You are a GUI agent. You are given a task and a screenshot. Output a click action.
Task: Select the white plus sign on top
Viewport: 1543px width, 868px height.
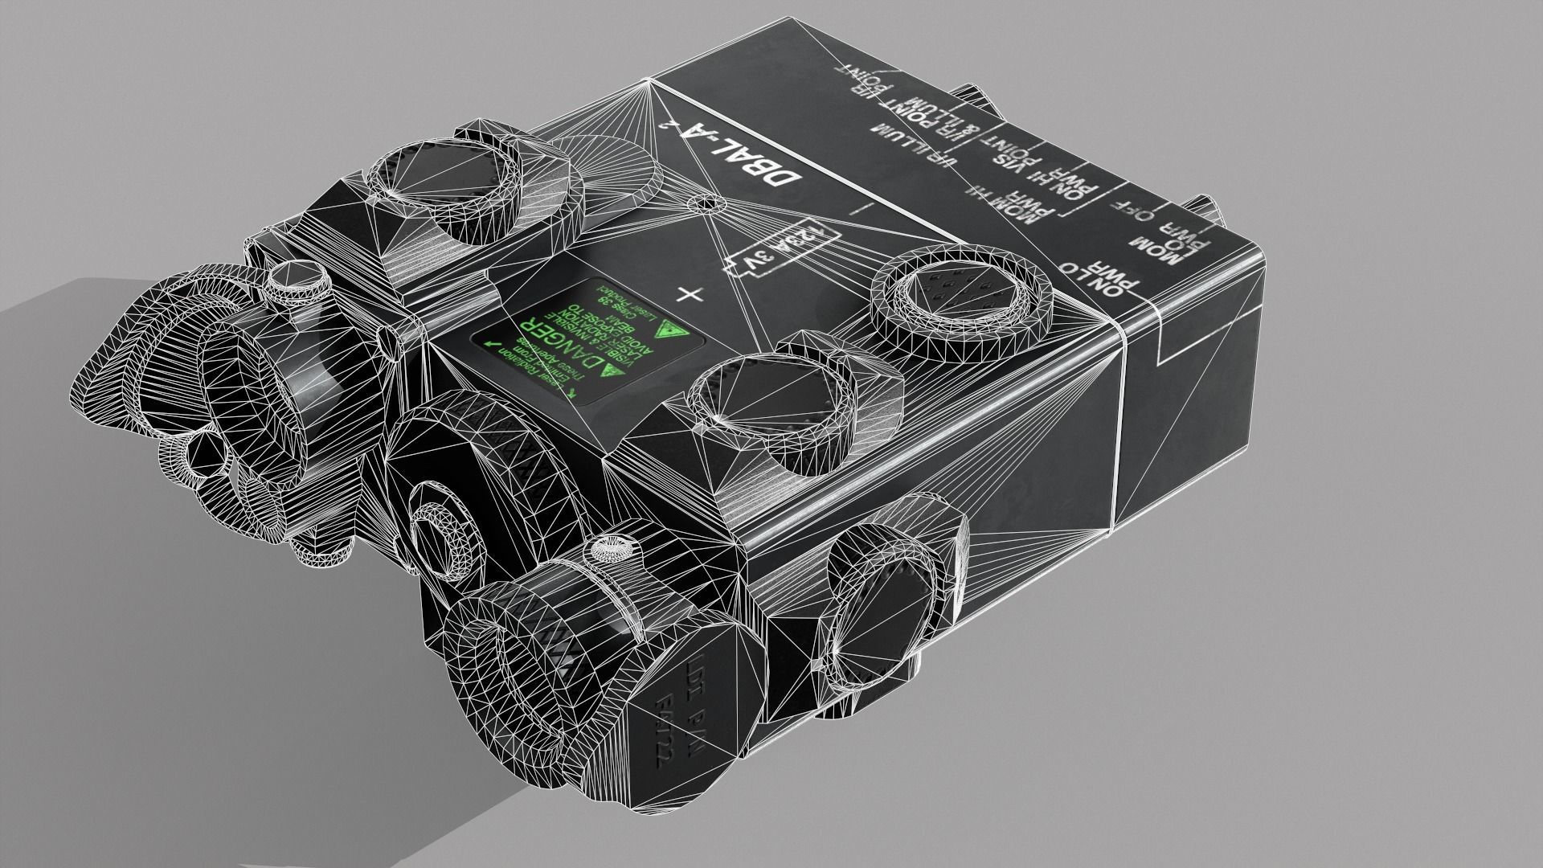coord(690,295)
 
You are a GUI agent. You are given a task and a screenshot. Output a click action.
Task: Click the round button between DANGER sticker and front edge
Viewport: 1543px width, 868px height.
coord(770,400)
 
